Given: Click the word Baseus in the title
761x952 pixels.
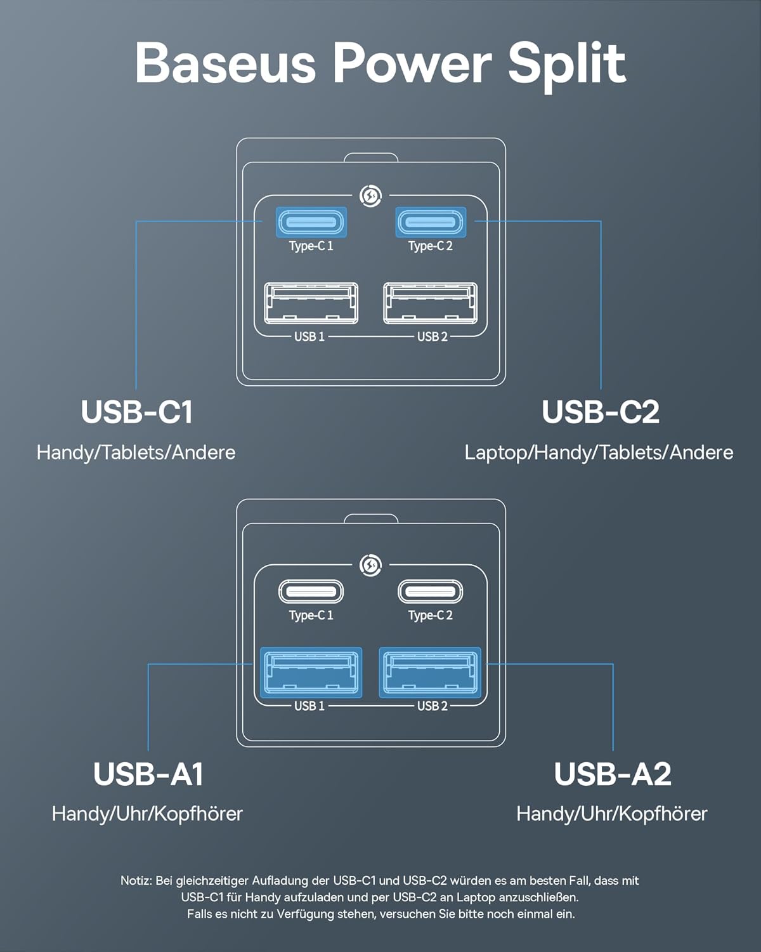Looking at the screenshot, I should pyautogui.click(x=225, y=63).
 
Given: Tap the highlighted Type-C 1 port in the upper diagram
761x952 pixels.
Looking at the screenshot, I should pyautogui.click(x=311, y=223).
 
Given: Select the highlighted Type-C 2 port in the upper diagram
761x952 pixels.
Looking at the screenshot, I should pyautogui.click(x=431, y=223).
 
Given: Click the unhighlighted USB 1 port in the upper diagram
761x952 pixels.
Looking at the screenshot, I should pyautogui.click(x=311, y=303).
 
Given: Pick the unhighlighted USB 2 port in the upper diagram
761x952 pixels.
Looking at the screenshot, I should pyautogui.click(x=431, y=303).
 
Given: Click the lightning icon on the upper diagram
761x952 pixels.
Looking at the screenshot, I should pyautogui.click(x=370, y=196).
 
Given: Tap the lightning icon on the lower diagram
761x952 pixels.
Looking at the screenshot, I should pyautogui.click(x=370, y=564).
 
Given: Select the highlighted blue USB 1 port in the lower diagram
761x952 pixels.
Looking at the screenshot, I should pyautogui.click(x=311, y=673).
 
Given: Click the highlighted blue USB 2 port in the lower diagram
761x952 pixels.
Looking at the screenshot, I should pyautogui.click(x=431, y=673).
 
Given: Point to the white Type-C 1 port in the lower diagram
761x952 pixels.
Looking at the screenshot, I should pyautogui.click(x=311, y=592).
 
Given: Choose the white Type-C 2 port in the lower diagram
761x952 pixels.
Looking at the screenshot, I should pyautogui.click(x=431, y=592).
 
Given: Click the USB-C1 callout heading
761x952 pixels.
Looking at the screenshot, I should pyautogui.click(x=136, y=412).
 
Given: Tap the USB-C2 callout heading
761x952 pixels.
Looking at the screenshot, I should pyautogui.click(x=600, y=412).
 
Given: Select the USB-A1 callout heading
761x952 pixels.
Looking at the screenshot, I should pyautogui.click(x=148, y=774).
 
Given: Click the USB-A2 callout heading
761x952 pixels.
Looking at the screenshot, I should pyautogui.click(x=612, y=774).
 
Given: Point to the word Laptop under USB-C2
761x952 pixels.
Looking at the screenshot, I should pyautogui.click(x=496, y=453).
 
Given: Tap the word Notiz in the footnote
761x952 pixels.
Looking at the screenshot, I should pyautogui.click(x=136, y=881).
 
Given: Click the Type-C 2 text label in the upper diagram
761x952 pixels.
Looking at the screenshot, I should pyautogui.click(x=431, y=246).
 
